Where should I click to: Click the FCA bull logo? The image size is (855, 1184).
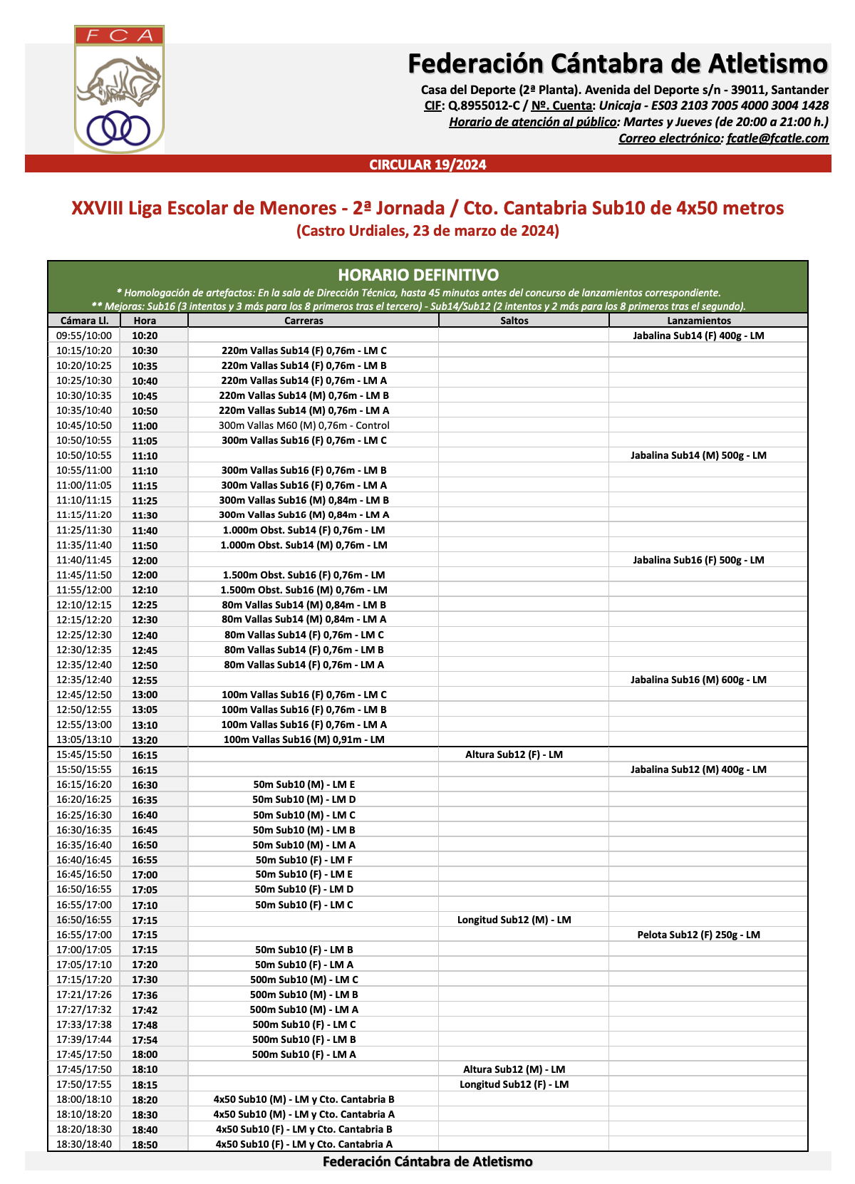tap(119, 89)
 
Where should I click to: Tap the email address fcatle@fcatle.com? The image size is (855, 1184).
tap(777, 138)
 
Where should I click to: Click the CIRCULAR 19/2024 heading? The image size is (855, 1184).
tap(427, 165)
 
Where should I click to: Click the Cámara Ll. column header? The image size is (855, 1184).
tap(84, 321)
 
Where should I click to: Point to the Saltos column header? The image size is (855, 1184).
tap(514, 321)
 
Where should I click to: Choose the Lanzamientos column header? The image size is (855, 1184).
tap(699, 321)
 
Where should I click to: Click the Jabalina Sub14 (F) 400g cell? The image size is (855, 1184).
tap(698, 336)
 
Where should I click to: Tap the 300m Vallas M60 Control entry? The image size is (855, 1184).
tap(304, 425)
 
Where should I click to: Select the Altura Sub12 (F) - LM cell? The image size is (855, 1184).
tap(514, 754)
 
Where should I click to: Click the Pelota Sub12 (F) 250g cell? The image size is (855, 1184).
tap(698, 935)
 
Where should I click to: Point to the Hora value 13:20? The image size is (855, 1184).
tap(145, 739)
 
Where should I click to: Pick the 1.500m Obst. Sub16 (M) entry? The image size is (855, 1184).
tap(304, 590)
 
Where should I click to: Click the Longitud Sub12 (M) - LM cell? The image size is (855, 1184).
tap(514, 920)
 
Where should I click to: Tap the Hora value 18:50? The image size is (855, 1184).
tap(145, 1144)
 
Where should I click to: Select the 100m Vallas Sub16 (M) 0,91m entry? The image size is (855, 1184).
tap(304, 739)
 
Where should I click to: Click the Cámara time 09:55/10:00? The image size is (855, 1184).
tap(84, 336)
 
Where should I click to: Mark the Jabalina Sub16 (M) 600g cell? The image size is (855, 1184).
tap(698, 680)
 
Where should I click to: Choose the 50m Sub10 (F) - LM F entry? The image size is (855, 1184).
tap(304, 860)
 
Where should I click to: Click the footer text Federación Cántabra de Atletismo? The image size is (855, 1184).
tap(427, 1162)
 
